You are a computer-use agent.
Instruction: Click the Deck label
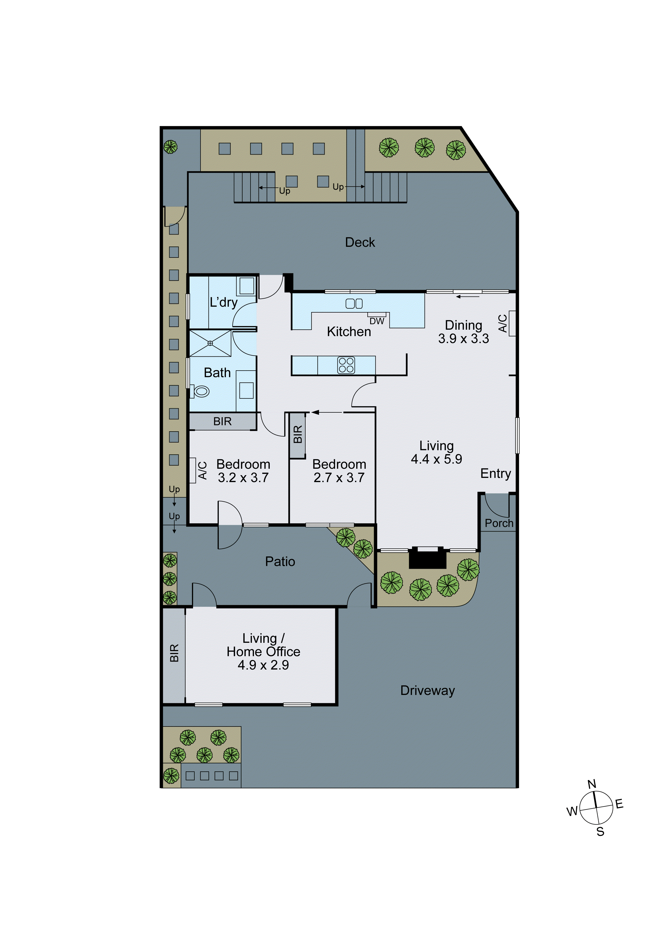(x=360, y=242)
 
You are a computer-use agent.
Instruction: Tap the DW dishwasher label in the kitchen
(x=377, y=321)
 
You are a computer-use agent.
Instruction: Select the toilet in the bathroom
(x=201, y=391)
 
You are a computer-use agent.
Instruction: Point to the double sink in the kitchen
(x=354, y=303)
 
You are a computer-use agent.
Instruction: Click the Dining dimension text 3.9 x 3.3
(x=463, y=339)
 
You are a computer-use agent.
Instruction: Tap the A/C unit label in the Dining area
(x=502, y=323)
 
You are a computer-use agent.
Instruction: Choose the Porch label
(x=499, y=523)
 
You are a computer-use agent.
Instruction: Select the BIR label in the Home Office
(x=174, y=653)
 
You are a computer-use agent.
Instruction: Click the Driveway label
(x=427, y=690)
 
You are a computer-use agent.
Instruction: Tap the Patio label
(x=280, y=561)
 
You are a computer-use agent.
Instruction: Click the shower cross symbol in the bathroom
(x=210, y=343)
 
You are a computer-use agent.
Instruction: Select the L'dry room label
(x=223, y=302)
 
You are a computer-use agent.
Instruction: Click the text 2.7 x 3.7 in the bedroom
(x=339, y=478)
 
